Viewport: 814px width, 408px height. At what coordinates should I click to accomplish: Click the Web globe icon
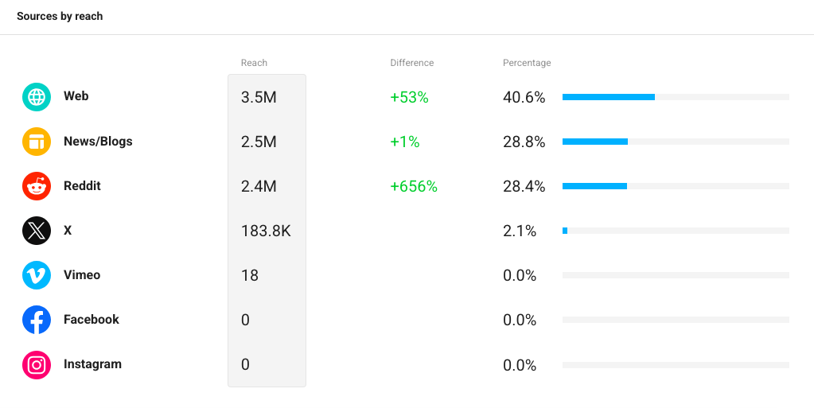[x=37, y=97]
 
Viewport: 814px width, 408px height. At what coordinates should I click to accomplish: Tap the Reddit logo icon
[x=37, y=186]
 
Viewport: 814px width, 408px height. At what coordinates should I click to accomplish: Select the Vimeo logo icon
[x=37, y=275]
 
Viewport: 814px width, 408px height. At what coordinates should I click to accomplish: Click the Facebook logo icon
[x=37, y=320]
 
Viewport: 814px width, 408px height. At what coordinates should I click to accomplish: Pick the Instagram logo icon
[x=37, y=364]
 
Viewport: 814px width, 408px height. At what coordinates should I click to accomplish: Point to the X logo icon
[x=37, y=231]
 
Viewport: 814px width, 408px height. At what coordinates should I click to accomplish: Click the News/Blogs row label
[x=98, y=142]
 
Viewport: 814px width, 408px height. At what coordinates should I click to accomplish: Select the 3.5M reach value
[x=259, y=97]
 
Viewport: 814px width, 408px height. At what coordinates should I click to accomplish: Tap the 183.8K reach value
[x=266, y=231]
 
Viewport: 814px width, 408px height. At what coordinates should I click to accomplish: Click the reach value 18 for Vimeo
[x=250, y=275]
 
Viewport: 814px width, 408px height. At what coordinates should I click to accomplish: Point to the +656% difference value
[x=414, y=186]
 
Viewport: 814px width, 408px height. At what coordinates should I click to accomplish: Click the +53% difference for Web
[x=409, y=97]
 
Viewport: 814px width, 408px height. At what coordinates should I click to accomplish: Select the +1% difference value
[x=404, y=142]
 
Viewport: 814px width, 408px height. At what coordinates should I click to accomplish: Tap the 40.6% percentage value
[x=524, y=97]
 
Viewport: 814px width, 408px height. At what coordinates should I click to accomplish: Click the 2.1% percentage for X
[x=519, y=231]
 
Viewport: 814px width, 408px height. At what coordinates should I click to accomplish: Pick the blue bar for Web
[x=609, y=97]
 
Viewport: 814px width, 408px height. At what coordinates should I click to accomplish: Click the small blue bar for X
[x=565, y=231]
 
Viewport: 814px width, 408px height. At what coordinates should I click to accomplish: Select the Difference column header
[x=411, y=63]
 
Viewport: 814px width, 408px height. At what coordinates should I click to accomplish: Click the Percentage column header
[x=527, y=63]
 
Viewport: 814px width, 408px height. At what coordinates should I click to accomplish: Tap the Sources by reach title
[x=60, y=16]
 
